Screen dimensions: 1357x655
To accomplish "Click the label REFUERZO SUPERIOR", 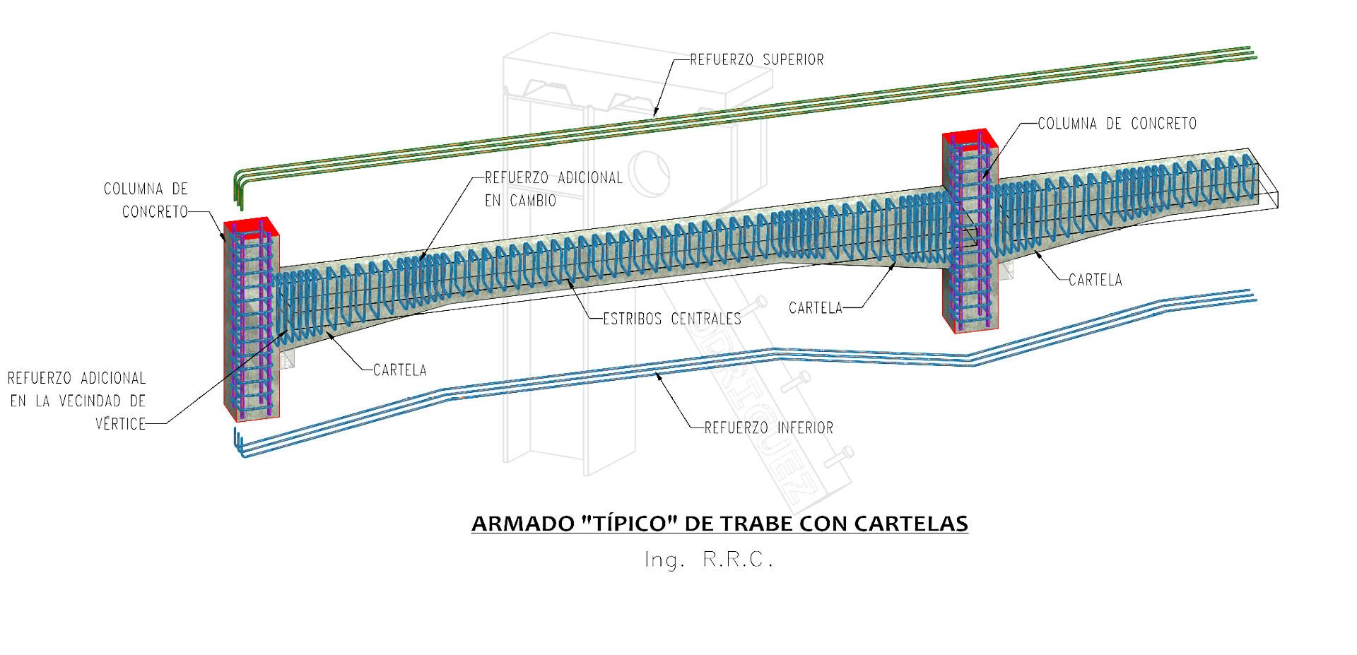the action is point(756,60).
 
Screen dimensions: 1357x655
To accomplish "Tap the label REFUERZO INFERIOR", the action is point(768,427).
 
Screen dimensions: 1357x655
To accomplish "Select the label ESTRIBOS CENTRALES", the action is point(671,319).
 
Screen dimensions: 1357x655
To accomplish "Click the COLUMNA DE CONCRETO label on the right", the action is point(1117,124).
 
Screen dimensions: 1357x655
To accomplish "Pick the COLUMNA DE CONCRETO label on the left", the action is point(146,200).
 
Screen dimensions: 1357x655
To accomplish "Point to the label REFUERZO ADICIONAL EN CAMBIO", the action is point(553,189).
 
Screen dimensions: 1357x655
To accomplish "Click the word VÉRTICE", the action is point(120,424).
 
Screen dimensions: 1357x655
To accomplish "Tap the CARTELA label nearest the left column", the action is point(399,370).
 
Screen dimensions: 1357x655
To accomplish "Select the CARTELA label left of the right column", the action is point(816,308).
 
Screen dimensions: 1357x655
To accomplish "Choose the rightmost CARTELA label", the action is point(1095,280).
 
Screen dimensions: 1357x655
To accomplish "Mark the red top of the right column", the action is point(969,137).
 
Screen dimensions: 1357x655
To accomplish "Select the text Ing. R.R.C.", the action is point(709,560).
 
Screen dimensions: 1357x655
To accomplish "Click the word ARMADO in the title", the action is point(523,524).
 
